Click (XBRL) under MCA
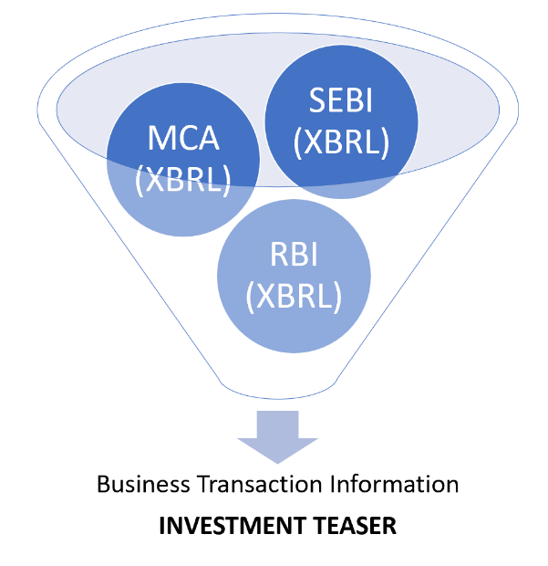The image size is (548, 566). pos(182,180)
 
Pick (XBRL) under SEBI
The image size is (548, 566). pos(342,142)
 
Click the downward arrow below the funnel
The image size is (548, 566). pos(278,437)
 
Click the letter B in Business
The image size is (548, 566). pos(103,483)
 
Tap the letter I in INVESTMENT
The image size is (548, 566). pos(162,527)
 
